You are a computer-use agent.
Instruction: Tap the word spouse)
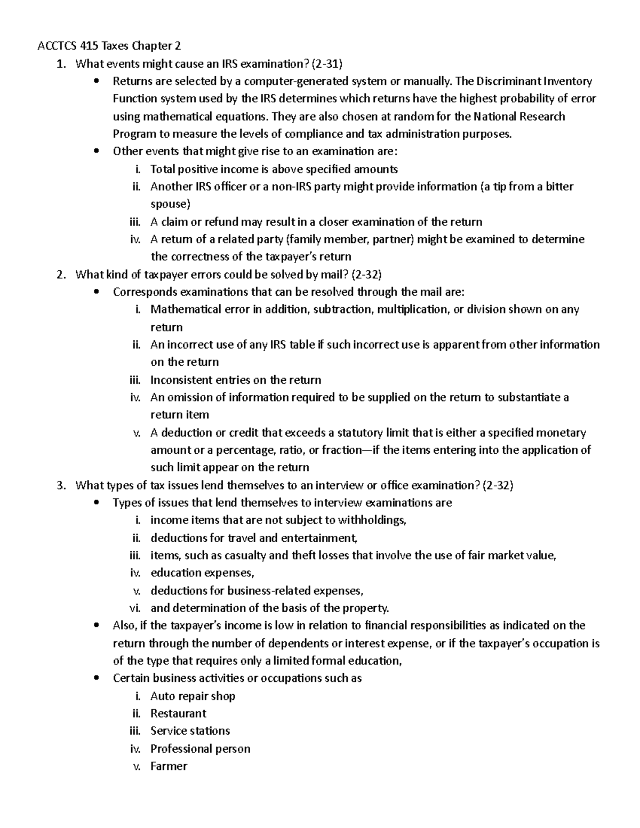170,204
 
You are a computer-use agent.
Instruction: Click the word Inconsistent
181,380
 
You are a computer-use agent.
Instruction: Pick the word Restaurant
178,714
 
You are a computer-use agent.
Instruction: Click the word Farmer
169,767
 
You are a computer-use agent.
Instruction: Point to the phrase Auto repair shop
193,696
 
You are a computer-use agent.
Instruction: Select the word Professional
182,749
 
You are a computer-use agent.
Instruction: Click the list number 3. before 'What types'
61,486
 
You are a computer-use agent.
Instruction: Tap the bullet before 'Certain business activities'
96,679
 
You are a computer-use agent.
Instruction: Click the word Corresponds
145,292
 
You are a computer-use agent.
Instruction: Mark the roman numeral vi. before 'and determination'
135,608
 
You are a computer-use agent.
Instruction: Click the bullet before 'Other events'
96,151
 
